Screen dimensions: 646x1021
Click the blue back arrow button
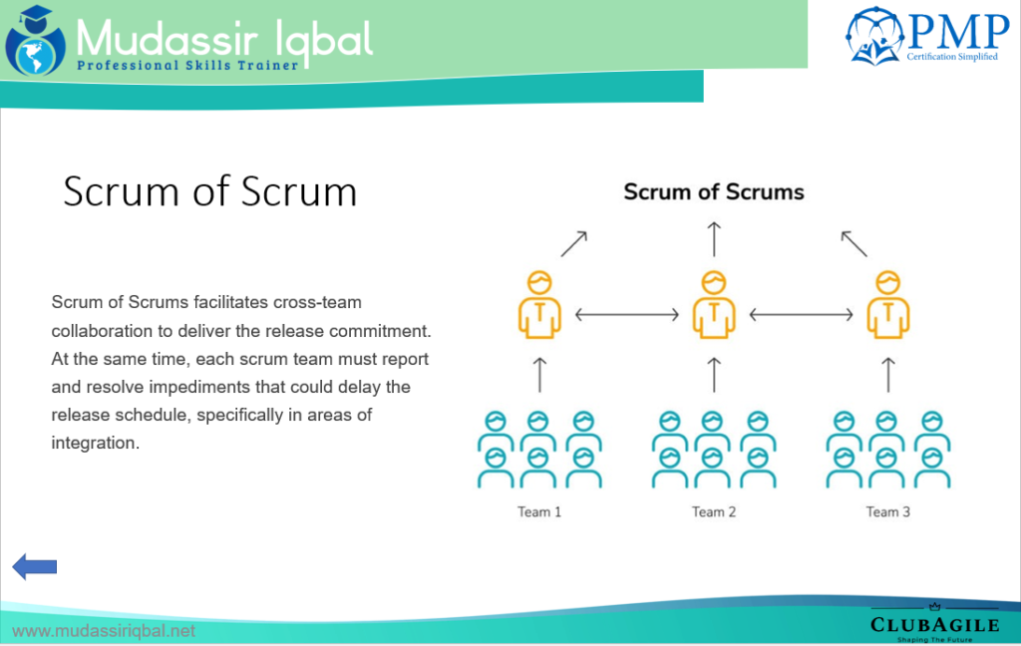pos(34,567)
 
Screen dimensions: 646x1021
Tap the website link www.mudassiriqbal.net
pos(104,631)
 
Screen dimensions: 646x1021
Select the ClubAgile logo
pos(934,623)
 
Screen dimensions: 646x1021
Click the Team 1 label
pos(539,512)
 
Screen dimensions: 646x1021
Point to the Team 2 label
pos(714,512)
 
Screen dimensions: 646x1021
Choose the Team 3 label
pos(887,512)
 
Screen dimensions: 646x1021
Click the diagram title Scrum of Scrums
pos(714,191)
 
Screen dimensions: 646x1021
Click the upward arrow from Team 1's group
pos(539,374)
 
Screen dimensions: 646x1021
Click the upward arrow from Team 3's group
pos(887,374)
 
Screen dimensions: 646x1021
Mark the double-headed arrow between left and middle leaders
pos(627,315)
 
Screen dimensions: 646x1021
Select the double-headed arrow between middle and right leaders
pos(801,315)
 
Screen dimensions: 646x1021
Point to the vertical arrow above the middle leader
pos(714,240)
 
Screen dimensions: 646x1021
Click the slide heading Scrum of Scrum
pos(209,190)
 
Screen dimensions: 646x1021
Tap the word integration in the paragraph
pos(94,443)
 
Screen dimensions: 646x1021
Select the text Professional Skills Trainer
pos(187,65)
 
